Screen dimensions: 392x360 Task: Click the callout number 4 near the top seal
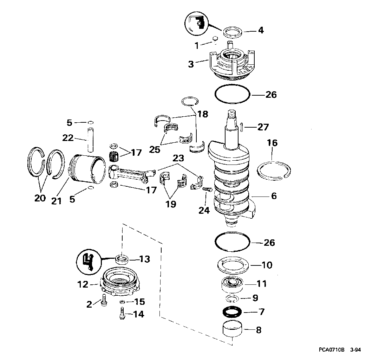[x=261, y=30]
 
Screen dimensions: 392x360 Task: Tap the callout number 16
[x=272, y=143]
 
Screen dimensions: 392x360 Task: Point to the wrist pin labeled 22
[x=90, y=139]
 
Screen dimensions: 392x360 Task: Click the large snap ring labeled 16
[x=274, y=171]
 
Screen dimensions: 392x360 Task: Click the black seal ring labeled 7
[x=232, y=312]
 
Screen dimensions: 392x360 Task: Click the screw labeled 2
[x=104, y=300]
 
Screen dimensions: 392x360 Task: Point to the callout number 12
[x=83, y=284]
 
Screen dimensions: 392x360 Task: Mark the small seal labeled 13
[x=122, y=259]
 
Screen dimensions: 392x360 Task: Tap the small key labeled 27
[x=242, y=127]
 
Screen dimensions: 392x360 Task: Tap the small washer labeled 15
[x=123, y=301]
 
